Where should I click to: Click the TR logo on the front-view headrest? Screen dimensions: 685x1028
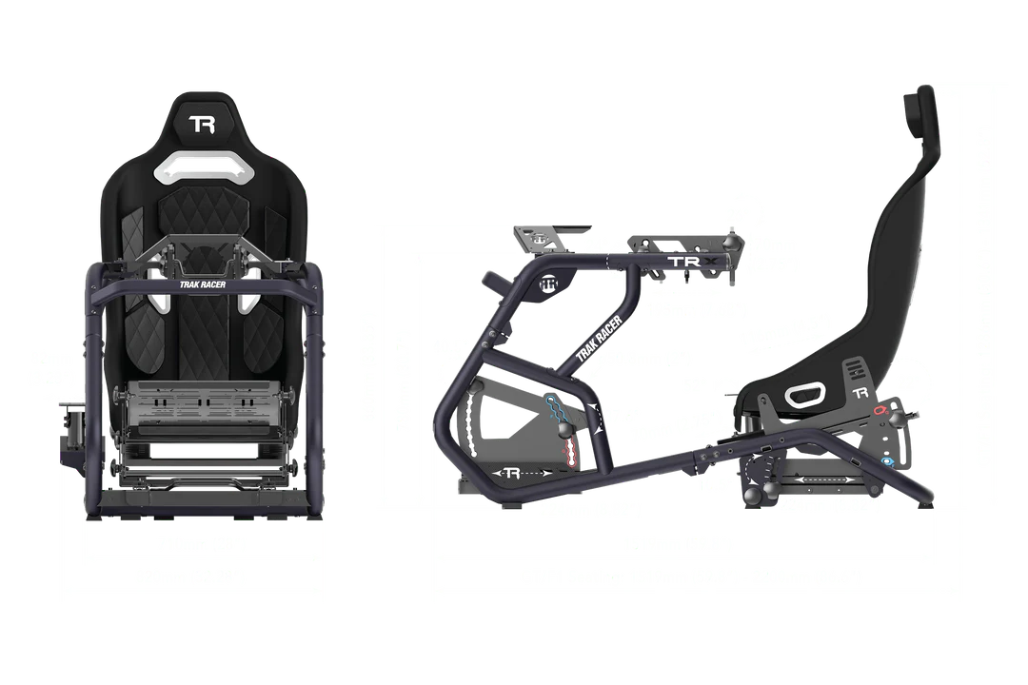202,125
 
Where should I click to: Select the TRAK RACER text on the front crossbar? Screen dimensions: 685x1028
202,282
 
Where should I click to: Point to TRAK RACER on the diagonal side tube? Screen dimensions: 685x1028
599,338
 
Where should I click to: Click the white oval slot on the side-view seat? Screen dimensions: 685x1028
807,396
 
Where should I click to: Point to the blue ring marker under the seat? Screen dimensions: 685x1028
888,462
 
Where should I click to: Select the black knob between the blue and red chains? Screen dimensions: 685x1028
567,430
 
